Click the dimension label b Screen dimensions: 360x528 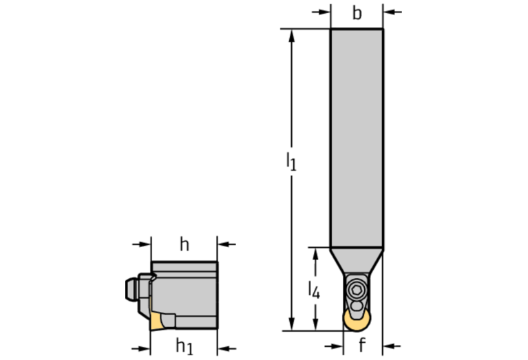(357, 13)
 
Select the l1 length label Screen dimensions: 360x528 (291, 162)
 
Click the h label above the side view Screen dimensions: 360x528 (184, 244)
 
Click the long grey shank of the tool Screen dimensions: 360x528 (357, 138)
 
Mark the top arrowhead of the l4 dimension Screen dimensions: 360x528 (315, 253)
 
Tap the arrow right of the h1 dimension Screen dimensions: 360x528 (224, 346)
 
